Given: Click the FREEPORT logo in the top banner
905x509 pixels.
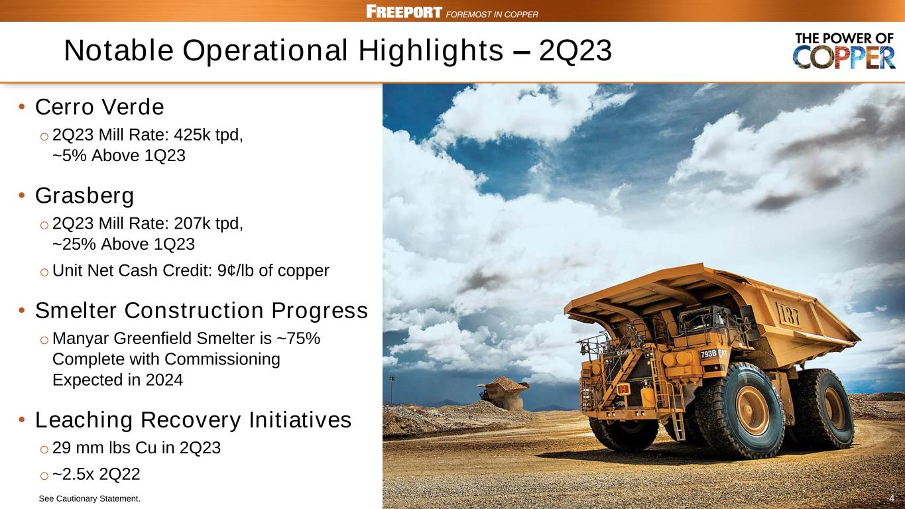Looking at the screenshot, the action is tap(404, 11).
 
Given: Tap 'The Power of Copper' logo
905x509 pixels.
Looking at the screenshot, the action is tap(844, 51).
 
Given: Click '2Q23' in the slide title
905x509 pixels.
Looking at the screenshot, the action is tap(575, 50).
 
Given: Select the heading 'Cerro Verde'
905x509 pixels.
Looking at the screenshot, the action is tap(99, 107).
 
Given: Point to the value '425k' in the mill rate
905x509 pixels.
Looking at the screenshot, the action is tap(192, 135).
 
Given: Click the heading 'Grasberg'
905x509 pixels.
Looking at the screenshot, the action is tap(84, 196).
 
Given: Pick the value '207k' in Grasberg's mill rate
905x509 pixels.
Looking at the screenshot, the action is tap(192, 223).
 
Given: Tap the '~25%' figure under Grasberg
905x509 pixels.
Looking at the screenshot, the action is tap(74, 245).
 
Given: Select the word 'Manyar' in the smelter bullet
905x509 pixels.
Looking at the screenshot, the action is tap(80, 339).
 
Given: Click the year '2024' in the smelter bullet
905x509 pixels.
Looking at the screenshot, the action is tap(164, 380).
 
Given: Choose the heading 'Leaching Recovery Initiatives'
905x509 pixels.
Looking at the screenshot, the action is tap(193, 420).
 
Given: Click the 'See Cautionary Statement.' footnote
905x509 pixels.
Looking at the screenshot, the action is tap(90, 499).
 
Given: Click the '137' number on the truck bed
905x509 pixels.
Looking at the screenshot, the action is tap(788, 314).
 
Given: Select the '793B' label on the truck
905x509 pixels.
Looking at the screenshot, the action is tap(708, 355).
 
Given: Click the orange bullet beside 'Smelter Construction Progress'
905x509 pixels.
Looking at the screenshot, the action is tap(22, 311).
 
